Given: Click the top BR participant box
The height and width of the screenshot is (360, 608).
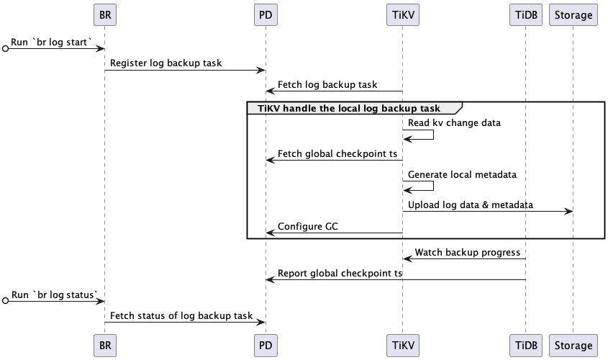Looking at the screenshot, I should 104,14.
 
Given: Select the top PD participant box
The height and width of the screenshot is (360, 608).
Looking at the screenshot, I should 266,14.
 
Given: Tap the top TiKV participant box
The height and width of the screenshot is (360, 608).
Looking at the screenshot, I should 402,14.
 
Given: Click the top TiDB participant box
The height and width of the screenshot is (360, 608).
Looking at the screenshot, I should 525,14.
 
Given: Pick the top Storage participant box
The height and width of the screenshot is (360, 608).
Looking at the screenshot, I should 573,14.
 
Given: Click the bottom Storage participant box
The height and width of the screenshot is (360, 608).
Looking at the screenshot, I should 573,346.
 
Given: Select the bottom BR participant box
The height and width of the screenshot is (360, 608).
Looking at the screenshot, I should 104,346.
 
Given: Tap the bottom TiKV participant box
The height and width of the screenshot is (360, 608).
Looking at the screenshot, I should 402,346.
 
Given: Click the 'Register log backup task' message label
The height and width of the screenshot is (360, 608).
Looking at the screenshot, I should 165,63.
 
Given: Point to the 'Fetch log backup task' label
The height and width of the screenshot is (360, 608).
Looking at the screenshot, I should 327,84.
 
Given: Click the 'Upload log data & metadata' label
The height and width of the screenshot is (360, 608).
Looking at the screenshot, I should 471,205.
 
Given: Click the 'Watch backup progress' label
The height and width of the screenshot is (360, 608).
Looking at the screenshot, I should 467,253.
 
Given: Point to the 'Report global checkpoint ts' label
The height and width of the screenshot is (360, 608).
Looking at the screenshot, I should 340,274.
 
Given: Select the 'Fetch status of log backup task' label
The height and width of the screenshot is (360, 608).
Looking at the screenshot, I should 181,315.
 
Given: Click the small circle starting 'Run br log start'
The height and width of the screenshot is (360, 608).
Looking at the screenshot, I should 6,49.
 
